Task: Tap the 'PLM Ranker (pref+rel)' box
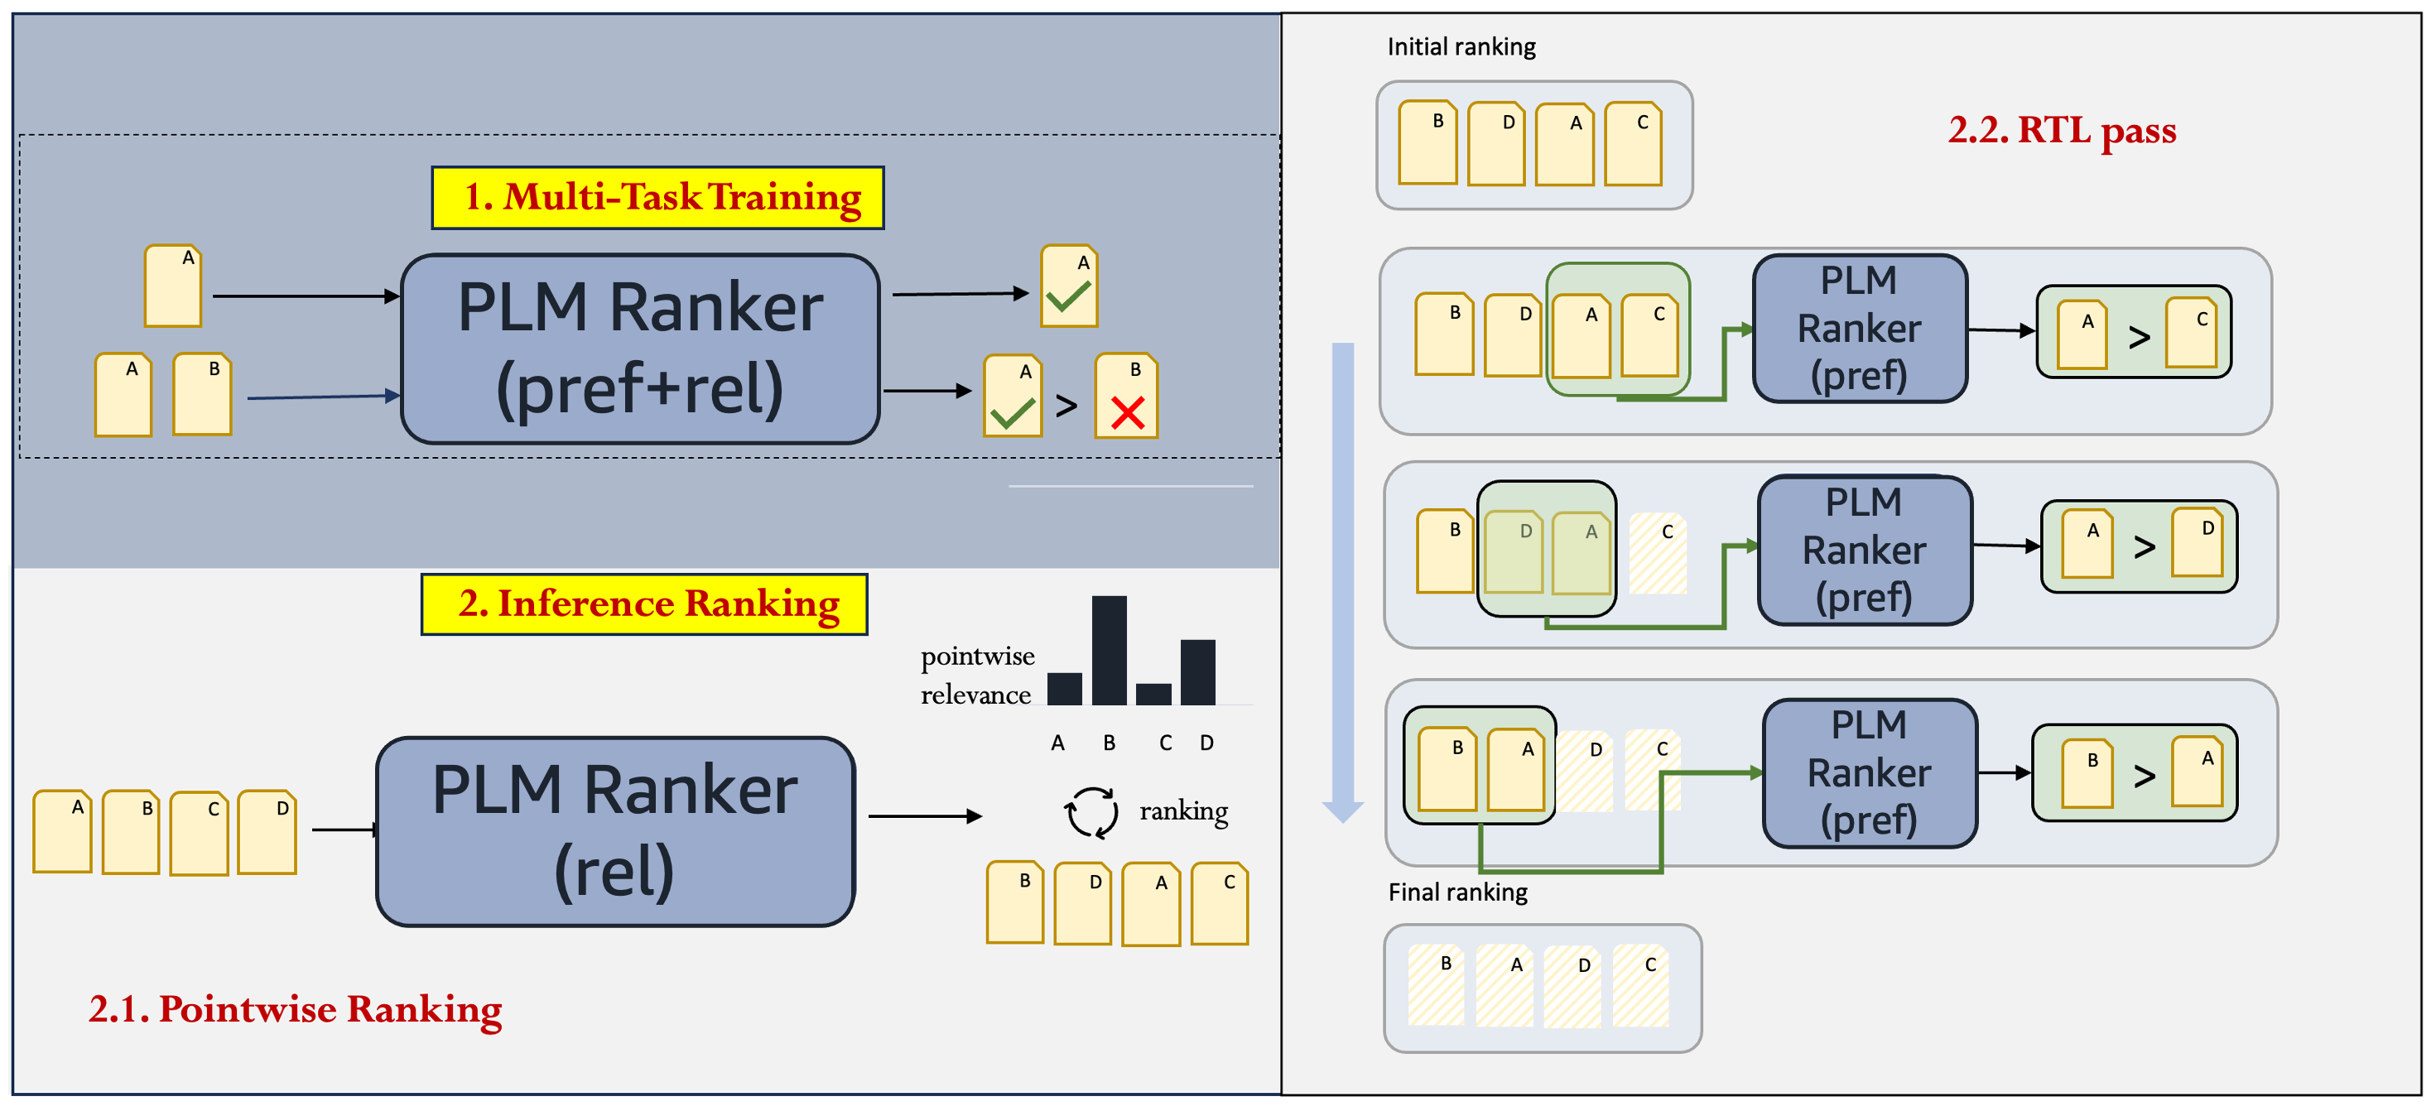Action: click(x=640, y=348)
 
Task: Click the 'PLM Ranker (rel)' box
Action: click(x=614, y=831)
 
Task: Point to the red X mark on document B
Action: click(x=1127, y=412)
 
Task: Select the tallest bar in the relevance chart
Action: click(x=1109, y=650)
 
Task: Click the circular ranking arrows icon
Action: click(x=1090, y=812)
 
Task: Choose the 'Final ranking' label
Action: click(x=1457, y=892)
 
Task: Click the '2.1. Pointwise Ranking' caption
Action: click(x=295, y=1009)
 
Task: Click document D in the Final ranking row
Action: click(x=1572, y=986)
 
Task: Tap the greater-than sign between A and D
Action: click(x=2145, y=546)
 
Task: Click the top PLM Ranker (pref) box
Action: click(x=1859, y=328)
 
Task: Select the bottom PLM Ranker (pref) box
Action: click(x=1870, y=772)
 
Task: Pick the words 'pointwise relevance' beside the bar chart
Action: click(x=977, y=675)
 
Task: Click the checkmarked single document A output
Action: click(x=1069, y=286)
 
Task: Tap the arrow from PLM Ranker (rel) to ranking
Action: click(x=924, y=815)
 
